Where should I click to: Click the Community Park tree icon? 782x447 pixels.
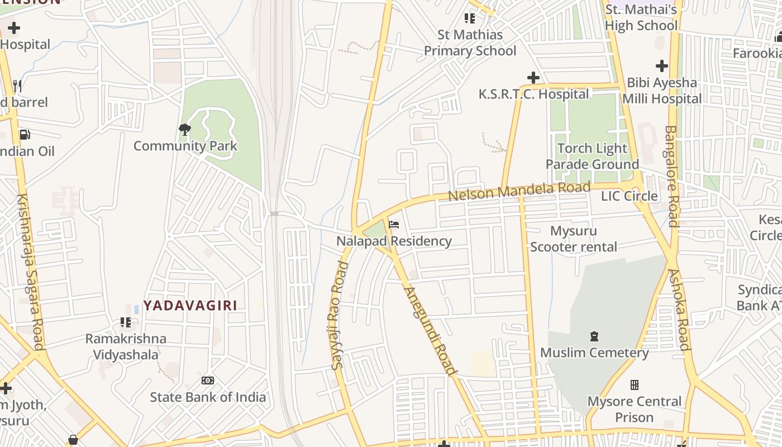click(x=184, y=130)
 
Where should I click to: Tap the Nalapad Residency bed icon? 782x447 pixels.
click(x=394, y=225)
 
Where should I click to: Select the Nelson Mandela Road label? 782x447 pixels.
click(x=519, y=191)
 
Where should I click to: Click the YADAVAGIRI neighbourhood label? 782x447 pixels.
click(x=190, y=305)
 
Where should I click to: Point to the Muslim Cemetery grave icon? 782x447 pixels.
click(x=594, y=336)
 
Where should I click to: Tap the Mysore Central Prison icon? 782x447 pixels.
click(x=635, y=385)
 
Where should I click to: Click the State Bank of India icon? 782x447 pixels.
click(x=208, y=381)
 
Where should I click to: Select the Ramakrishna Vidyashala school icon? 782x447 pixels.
click(x=126, y=322)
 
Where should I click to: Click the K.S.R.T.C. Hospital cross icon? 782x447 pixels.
click(x=533, y=78)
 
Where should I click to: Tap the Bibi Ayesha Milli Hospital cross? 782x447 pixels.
click(x=662, y=66)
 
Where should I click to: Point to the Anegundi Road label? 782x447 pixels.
click(x=430, y=331)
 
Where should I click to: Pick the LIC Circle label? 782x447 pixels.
click(x=629, y=196)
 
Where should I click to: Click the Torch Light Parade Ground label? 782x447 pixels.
click(x=592, y=156)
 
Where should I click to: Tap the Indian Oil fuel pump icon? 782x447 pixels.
click(x=25, y=135)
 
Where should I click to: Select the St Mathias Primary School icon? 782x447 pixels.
click(x=470, y=18)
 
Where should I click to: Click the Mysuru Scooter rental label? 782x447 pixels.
click(x=574, y=239)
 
